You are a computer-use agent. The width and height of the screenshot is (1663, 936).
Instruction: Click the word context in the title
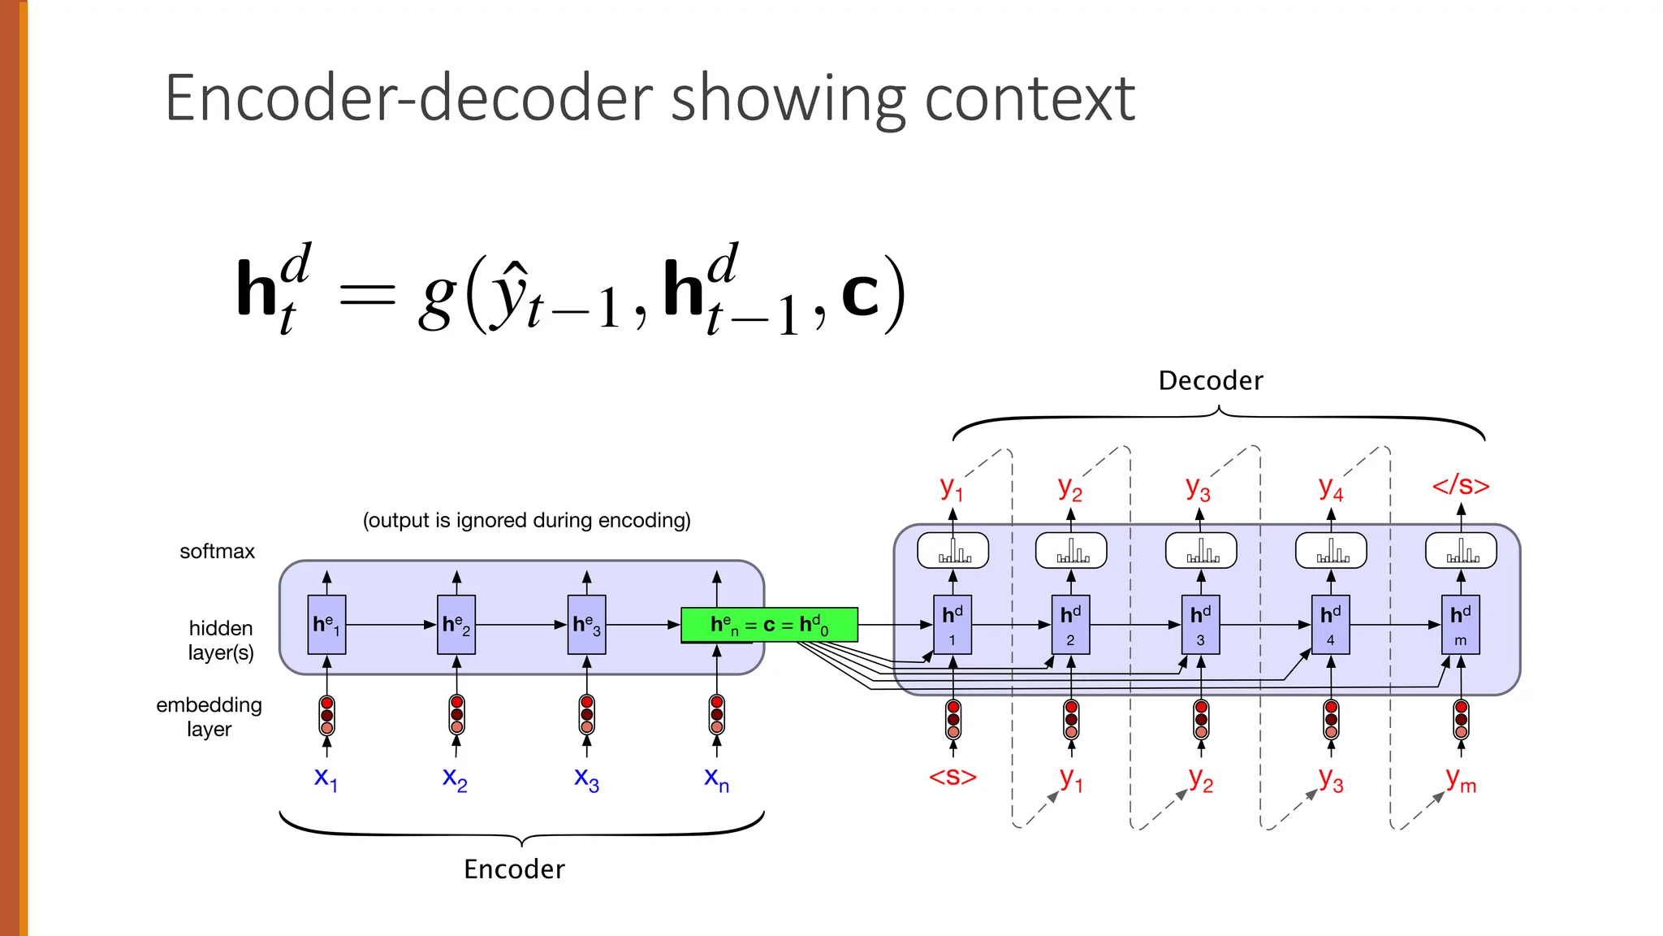tap(1029, 98)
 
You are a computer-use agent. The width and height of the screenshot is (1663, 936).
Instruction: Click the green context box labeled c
tap(769, 625)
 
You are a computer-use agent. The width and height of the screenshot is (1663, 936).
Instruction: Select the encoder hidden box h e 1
tap(326, 625)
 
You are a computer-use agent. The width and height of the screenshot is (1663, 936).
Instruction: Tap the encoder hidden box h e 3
tap(586, 625)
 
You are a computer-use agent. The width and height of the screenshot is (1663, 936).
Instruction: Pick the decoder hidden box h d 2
tap(1070, 625)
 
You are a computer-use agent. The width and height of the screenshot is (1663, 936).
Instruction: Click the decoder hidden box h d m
tap(1460, 625)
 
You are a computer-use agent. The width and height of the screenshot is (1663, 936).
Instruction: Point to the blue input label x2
tap(455, 778)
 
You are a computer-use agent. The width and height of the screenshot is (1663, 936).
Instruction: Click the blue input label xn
tap(716, 778)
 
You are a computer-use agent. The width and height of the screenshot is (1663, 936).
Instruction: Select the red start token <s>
tap(952, 777)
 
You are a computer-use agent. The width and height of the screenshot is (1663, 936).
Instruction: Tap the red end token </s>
tap(1461, 486)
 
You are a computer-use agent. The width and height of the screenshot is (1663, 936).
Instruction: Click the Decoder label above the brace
tap(1211, 381)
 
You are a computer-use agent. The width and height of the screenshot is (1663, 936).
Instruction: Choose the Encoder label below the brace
tap(514, 869)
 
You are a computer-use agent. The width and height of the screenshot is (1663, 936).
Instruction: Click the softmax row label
tap(217, 552)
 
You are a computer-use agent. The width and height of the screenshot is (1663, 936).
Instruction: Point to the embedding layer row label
tap(209, 717)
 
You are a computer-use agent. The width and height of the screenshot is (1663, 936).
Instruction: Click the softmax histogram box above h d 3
tap(1200, 551)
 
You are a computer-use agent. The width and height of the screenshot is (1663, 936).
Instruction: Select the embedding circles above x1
tap(326, 715)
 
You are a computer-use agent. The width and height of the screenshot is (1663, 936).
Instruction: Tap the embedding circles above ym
tap(1461, 719)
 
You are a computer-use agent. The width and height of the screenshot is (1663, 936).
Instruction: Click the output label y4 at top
tap(1330, 488)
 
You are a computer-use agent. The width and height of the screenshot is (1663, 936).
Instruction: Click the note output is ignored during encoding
tap(526, 520)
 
